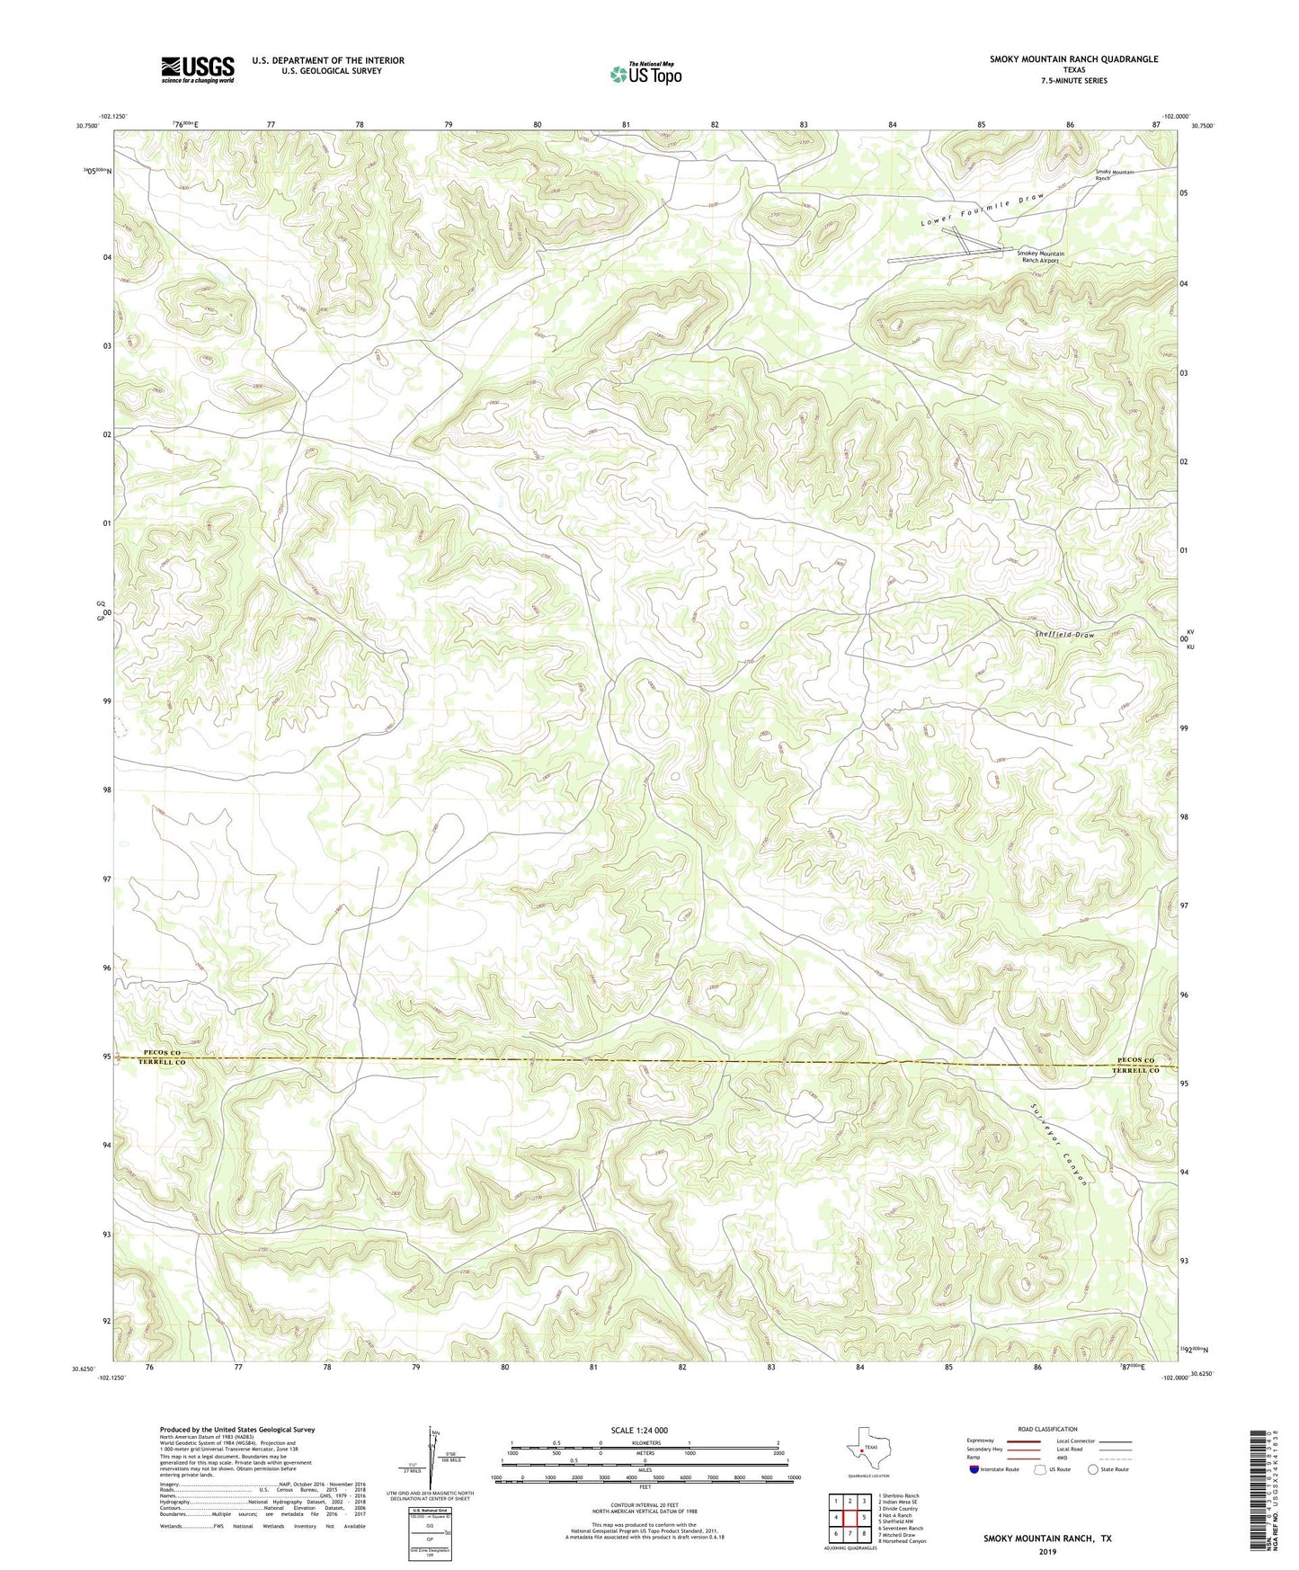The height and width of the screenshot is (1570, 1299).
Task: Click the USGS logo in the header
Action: (x=198, y=69)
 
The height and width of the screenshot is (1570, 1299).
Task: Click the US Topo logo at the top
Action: (x=645, y=74)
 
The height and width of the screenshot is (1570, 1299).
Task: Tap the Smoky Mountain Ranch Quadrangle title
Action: (x=1073, y=59)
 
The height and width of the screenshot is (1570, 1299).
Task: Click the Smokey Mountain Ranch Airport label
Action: (x=1040, y=257)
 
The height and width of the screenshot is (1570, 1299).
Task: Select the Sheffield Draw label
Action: (x=1065, y=635)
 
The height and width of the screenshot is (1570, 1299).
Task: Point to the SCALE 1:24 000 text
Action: (x=645, y=1430)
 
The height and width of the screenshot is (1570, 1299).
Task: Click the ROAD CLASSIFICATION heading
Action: (x=1047, y=1429)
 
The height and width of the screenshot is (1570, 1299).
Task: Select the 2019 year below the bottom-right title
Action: (x=1047, y=1552)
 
